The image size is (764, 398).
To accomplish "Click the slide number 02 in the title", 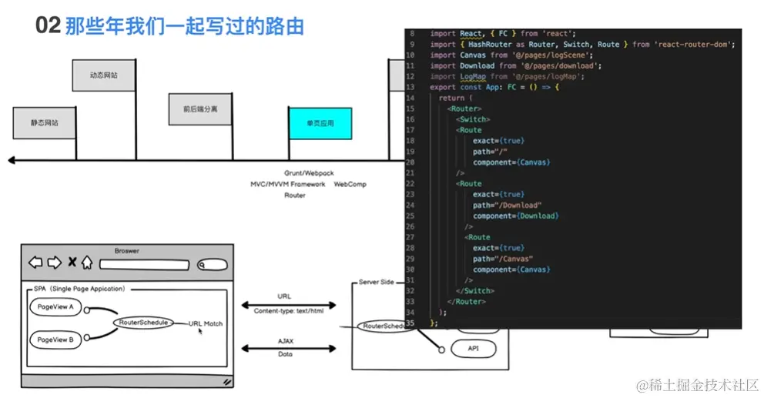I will [47, 26].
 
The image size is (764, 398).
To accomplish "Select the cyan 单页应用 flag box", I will [320, 123].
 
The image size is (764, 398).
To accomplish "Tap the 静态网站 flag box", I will [45, 123].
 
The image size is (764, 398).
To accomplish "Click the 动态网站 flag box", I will [103, 75].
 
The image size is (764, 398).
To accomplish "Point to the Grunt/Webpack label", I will [309, 173].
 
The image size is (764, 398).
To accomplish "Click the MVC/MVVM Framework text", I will [287, 185].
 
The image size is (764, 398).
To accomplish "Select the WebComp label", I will [350, 185].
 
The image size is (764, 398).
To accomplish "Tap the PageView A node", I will [55, 306].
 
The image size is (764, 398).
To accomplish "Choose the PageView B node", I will [55, 339].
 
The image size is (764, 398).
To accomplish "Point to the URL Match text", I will [206, 323].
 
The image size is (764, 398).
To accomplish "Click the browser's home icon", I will [87, 263].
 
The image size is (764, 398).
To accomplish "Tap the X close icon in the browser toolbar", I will [72, 263].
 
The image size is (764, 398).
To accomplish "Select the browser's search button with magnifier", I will [211, 265].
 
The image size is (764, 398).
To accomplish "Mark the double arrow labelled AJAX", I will [286, 347].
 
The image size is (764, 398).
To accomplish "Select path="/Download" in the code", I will [507, 206].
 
